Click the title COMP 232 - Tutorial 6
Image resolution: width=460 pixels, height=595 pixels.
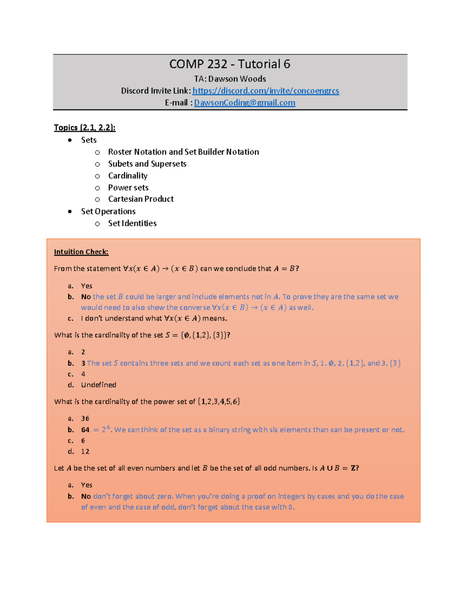pos(230,64)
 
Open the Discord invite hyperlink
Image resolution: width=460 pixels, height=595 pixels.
pos(266,91)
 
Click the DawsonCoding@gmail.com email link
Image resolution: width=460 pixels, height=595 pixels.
pos(245,103)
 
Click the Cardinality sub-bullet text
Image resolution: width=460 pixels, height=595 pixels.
pos(128,176)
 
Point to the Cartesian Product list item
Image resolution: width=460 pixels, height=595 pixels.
pos(141,199)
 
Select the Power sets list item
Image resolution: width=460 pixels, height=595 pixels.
pos(128,188)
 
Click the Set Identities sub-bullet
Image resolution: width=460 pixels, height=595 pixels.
pos(132,223)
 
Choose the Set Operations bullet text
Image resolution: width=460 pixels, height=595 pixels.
pos(108,211)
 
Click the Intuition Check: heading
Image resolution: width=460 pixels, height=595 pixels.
pos(81,252)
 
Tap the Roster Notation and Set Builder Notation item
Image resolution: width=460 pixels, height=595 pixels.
pos(183,152)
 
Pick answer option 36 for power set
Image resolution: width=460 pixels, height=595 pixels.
pos(85,418)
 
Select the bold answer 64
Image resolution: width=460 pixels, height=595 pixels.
pos(85,430)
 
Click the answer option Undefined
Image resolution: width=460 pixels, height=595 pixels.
pos(99,385)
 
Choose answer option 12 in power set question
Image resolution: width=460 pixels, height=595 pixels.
pos(85,451)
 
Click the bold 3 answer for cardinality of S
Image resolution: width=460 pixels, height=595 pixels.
pos(83,363)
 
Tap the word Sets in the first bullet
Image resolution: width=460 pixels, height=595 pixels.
pos(89,140)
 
